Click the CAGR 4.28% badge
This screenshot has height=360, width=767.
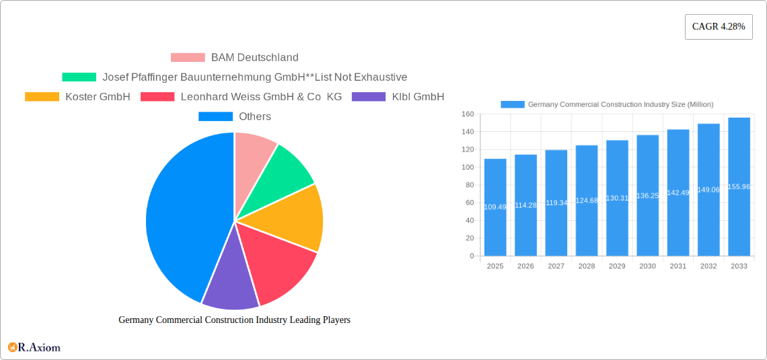pos(719,27)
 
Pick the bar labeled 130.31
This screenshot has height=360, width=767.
pos(617,198)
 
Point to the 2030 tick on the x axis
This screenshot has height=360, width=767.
pos(647,266)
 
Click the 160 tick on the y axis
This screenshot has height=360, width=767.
pos(468,114)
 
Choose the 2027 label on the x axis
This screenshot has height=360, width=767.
pos(556,266)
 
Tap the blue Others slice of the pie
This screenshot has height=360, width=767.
pos(182,215)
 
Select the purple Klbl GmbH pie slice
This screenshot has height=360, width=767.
pos(230,286)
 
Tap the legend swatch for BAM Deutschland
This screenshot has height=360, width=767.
pos(188,58)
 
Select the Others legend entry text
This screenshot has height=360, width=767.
pos(255,116)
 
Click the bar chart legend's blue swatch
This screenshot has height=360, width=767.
pos(512,104)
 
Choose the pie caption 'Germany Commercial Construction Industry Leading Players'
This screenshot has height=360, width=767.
pos(234,320)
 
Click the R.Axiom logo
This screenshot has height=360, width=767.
pos(34,347)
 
